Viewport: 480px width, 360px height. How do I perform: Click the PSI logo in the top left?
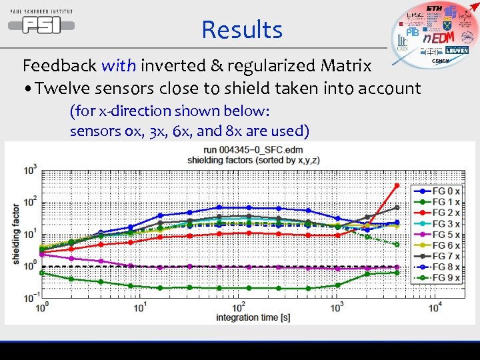(x=41, y=24)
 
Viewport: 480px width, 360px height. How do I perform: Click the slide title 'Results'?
(x=242, y=30)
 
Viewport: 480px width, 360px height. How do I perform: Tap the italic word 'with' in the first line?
(x=118, y=65)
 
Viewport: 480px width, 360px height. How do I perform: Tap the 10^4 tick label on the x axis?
(x=435, y=307)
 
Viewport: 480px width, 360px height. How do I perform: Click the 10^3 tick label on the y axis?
(x=30, y=171)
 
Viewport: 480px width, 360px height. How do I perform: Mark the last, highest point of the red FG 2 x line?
(x=397, y=185)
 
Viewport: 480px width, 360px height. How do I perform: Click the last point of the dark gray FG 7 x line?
(x=397, y=207)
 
